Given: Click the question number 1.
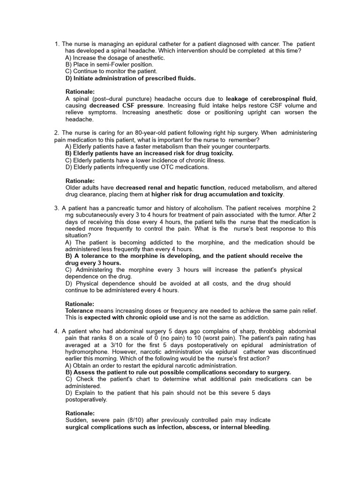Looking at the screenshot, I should click(x=57, y=44).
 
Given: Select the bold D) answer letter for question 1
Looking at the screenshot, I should click(x=68, y=78).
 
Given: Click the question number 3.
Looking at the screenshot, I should click(x=56, y=208).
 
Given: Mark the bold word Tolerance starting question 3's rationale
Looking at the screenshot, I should click(x=79, y=311).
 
